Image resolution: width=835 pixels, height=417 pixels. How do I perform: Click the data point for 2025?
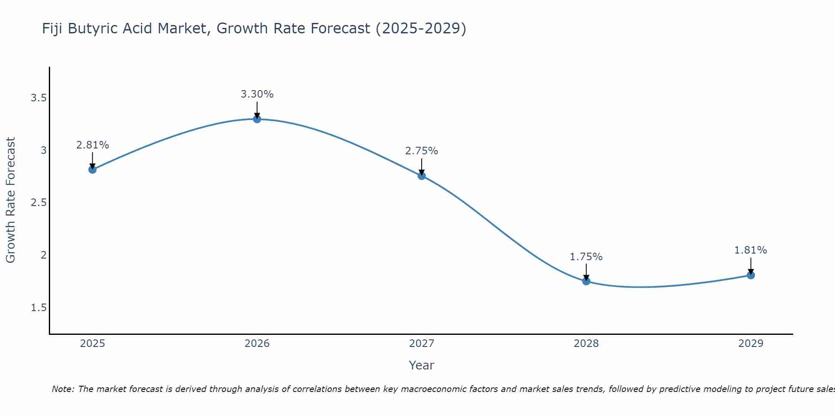coord(92,169)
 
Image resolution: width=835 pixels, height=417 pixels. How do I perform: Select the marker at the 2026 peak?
coord(257,119)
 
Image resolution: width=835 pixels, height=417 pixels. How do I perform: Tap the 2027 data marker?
coord(422,176)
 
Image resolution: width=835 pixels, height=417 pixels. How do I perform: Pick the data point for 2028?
coord(586,281)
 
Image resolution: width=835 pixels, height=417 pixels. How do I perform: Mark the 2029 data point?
coord(751,275)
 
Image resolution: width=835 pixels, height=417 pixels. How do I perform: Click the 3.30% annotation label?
coord(257,94)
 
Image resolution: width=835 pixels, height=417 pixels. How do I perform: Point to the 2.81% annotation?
coord(92,145)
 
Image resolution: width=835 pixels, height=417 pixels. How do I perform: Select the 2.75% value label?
coord(422,151)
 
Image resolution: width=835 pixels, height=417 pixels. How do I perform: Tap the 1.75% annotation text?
coord(586,257)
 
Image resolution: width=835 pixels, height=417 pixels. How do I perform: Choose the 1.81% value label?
coord(751,250)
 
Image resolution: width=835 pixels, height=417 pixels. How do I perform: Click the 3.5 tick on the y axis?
coord(38,98)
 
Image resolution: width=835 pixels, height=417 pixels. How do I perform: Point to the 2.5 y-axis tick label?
coord(38,203)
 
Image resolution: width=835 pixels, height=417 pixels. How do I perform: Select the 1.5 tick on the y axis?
coord(38,308)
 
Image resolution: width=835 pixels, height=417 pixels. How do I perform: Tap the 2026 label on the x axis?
coord(257,344)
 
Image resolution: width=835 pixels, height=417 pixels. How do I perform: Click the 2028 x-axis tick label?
coord(586,344)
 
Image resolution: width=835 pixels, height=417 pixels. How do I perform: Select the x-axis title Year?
coord(422,365)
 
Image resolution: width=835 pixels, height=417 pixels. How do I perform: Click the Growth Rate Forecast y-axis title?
coord(10,200)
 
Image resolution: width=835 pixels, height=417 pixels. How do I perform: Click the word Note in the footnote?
coord(62,389)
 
